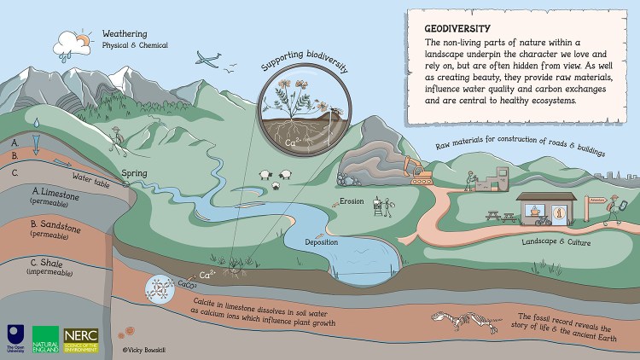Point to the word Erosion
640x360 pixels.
coord(352,202)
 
